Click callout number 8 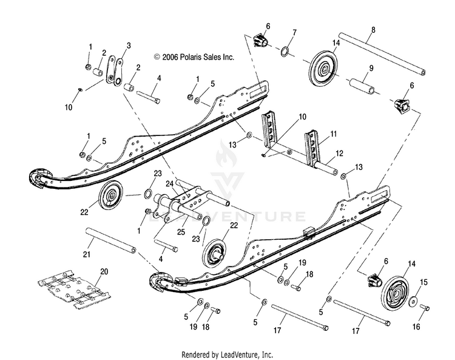pos(372,30)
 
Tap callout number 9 pos(371,67)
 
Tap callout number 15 pos(423,282)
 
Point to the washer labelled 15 pos(413,301)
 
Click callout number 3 pos(129,46)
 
